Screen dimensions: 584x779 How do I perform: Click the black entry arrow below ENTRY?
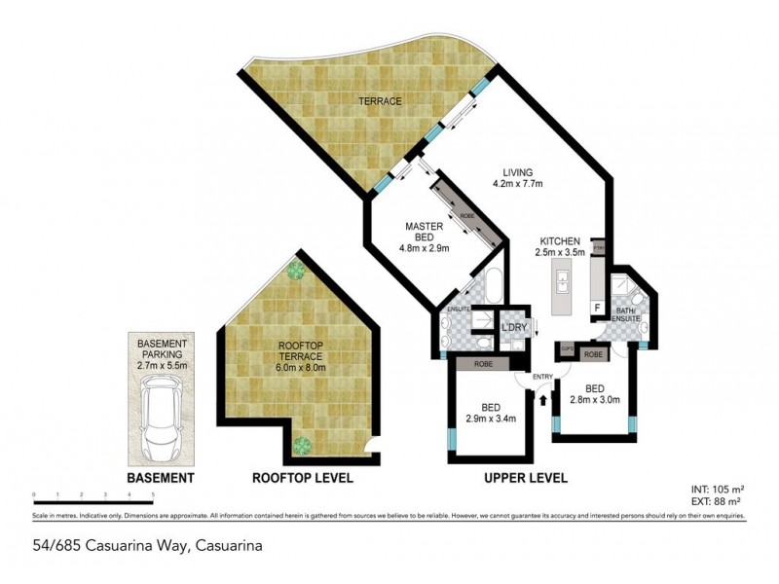pyautogui.click(x=543, y=397)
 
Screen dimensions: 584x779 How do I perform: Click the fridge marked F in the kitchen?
pyautogui.click(x=597, y=306)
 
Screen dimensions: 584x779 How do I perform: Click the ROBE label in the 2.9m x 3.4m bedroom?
pyautogui.click(x=484, y=364)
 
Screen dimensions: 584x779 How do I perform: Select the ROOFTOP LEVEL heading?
pyautogui.click(x=302, y=479)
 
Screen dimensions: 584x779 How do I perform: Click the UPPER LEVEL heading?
pyautogui.click(x=526, y=479)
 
